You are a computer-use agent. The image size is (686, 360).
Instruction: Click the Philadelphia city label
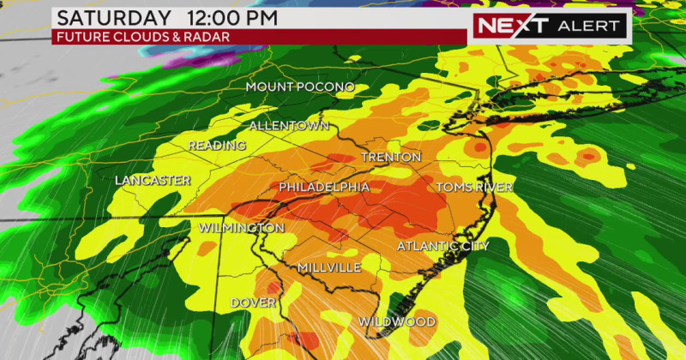324,187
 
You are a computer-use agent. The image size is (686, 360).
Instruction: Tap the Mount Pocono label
294,87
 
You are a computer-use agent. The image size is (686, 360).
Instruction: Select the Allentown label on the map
289,126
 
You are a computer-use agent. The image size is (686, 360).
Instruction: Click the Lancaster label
153,181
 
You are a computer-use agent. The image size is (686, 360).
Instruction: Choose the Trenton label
391,158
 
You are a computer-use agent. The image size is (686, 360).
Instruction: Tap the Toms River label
474,187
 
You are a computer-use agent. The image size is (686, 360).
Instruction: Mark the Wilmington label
241,228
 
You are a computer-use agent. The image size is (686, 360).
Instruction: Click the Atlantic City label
442,246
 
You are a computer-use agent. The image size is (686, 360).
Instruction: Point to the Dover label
253,303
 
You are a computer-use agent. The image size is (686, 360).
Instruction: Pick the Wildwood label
396,321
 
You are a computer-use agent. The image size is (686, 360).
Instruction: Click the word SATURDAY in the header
107,18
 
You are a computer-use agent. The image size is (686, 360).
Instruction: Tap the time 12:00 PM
229,18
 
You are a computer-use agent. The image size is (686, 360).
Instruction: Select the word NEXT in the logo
512,25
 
